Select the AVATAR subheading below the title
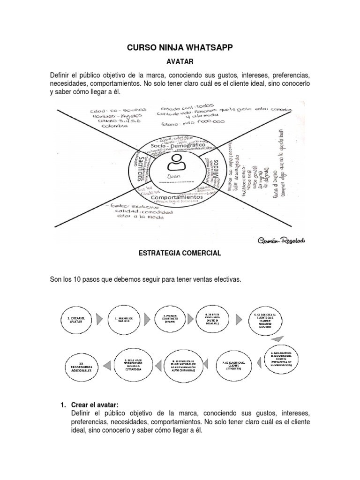pos(180,61)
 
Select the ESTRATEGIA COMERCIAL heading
pos(180,253)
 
